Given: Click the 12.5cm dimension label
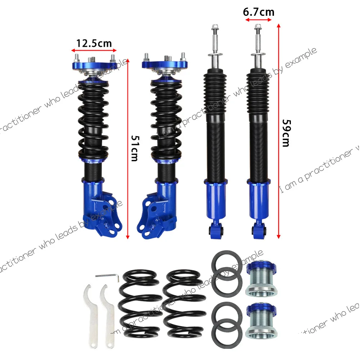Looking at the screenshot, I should (94, 44).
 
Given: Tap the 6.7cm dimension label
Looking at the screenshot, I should (258, 12).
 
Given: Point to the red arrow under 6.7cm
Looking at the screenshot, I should (258, 21).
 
